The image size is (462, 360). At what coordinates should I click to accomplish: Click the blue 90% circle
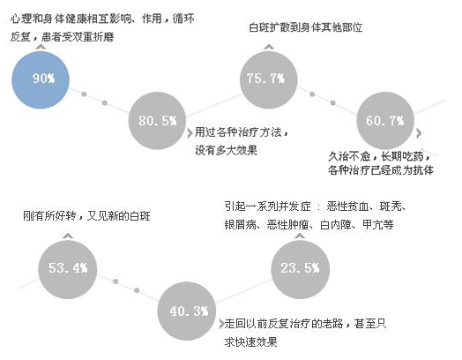(41, 79)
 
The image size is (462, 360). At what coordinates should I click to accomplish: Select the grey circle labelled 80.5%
(157, 120)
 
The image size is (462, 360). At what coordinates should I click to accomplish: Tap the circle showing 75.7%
(268, 79)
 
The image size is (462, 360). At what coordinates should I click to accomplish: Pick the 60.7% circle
(385, 120)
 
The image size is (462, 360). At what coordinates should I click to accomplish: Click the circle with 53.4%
(68, 269)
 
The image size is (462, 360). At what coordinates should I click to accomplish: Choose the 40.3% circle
(187, 311)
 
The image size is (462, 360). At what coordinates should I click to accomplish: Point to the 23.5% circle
(301, 269)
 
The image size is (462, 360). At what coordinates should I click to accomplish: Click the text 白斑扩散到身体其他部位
(306, 27)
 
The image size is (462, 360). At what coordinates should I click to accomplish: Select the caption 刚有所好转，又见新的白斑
(86, 216)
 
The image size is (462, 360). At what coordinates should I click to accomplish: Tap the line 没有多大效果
(226, 150)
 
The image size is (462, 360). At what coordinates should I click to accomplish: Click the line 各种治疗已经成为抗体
(381, 169)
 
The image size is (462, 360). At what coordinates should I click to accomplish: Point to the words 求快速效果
(250, 342)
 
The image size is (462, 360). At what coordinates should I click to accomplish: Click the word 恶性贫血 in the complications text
(348, 206)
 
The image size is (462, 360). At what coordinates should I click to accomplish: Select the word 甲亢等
(378, 225)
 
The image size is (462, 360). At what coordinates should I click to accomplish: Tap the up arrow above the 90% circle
(41, 47)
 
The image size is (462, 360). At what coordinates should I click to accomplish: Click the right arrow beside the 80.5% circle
(190, 133)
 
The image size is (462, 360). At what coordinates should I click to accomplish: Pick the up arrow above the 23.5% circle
(300, 236)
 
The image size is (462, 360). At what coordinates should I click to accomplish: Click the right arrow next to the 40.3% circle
(221, 324)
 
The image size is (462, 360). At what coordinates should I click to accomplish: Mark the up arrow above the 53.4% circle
(68, 236)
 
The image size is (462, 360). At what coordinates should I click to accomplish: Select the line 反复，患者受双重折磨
(62, 37)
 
